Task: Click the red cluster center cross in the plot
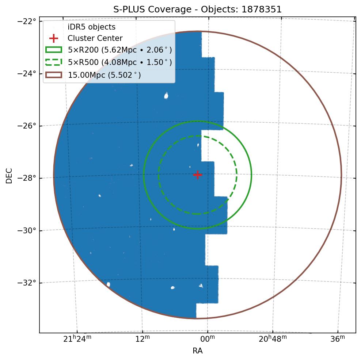(x=197, y=175)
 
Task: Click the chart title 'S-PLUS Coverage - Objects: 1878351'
(x=198, y=9)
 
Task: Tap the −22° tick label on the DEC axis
(x=27, y=21)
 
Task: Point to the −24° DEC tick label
(x=27, y=73)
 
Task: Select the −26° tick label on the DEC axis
(x=27, y=126)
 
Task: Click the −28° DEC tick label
(x=27, y=178)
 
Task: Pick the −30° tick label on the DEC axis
(x=27, y=230)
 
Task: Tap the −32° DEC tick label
(x=27, y=283)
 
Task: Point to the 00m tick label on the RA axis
(x=208, y=339)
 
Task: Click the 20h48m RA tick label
(x=273, y=339)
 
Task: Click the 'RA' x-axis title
(x=197, y=351)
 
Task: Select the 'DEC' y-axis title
(x=9, y=175)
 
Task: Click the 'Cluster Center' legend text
(x=95, y=38)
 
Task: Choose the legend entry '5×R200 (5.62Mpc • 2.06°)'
(x=119, y=50)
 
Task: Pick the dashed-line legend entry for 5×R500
(x=119, y=62)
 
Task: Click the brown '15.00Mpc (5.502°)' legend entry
(x=104, y=75)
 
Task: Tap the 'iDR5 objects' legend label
(x=91, y=27)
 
